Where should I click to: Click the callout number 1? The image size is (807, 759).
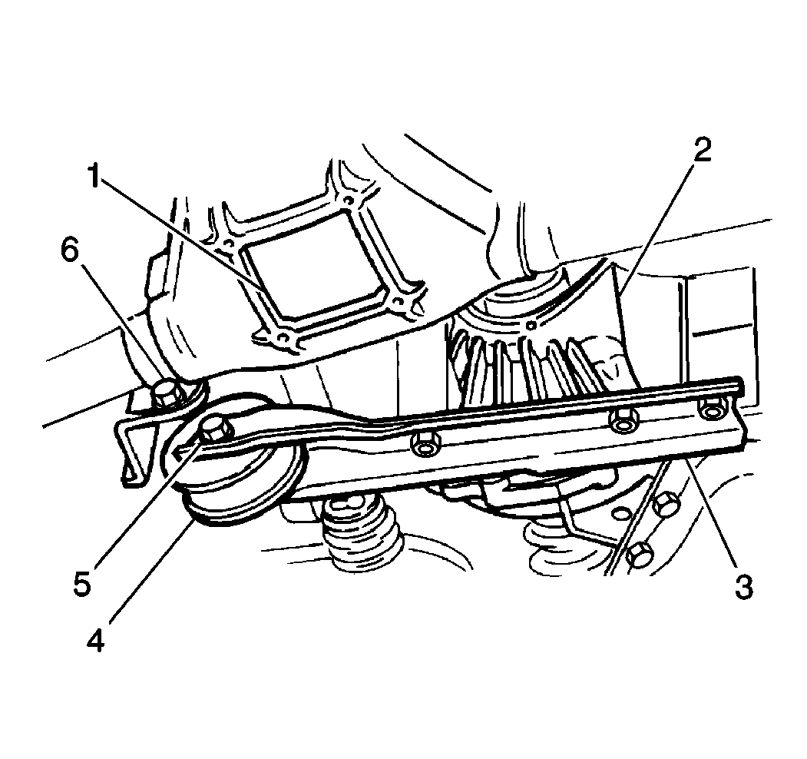pyautogui.click(x=94, y=176)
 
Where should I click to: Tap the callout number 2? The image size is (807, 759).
pyautogui.click(x=702, y=151)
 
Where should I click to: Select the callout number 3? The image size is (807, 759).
pyautogui.click(x=743, y=587)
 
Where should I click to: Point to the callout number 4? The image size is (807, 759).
pyautogui.click(x=96, y=640)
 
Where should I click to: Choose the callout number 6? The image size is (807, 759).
pyautogui.click(x=70, y=252)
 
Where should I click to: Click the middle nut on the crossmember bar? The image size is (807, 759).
pyautogui.click(x=622, y=420)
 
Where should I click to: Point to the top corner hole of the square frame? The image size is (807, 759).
pyautogui.click(x=348, y=200)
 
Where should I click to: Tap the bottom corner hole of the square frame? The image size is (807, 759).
pyautogui.click(x=282, y=338)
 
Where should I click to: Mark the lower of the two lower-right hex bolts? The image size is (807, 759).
pyautogui.click(x=640, y=555)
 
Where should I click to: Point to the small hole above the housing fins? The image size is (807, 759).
pyautogui.click(x=532, y=325)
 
